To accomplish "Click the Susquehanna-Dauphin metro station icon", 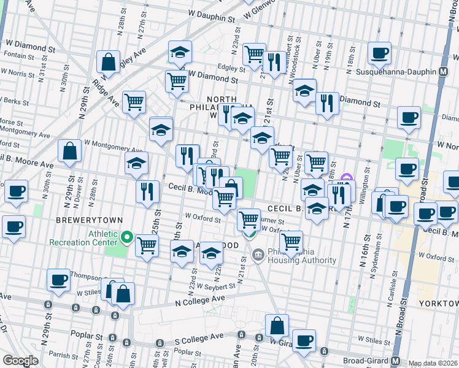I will click(x=443, y=72).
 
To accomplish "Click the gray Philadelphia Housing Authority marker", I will click(x=258, y=254).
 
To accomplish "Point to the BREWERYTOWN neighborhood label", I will click(x=89, y=220).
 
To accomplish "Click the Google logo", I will click(x=20, y=361).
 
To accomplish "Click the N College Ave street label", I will click(x=197, y=301).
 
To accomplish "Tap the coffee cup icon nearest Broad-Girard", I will click(x=304, y=340).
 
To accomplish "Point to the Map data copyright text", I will click(x=433, y=363).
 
